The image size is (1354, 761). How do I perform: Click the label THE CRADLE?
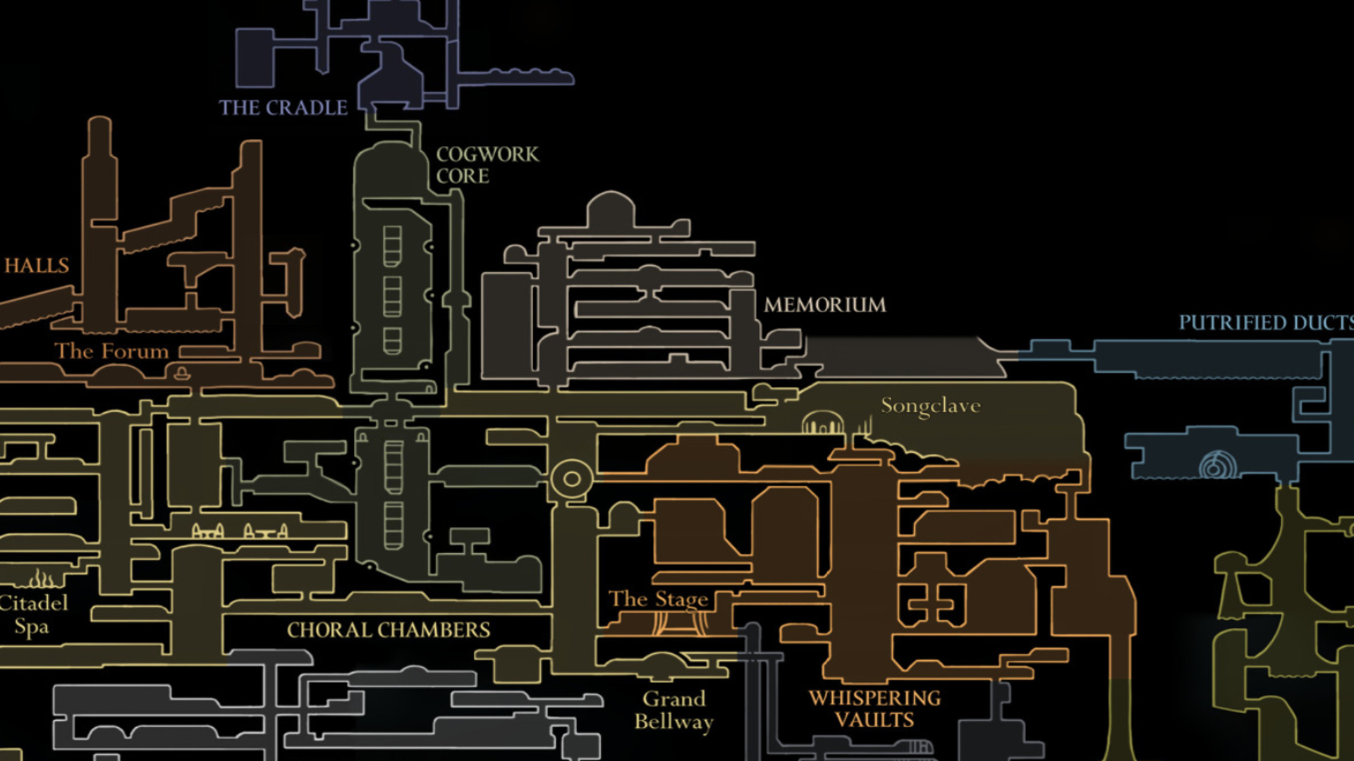pyautogui.click(x=283, y=108)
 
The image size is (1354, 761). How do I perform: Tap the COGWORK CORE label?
pyautogui.click(x=487, y=165)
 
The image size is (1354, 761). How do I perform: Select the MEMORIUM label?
pyautogui.click(x=824, y=305)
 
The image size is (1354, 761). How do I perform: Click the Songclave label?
pyautogui.click(x=930, y=406)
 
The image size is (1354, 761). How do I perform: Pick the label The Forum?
pyautogui.click(x=111, y=351)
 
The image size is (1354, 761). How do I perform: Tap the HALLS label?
pyautogui.click(x=37, y=266)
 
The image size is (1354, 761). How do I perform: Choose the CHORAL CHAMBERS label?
pyautogui.click(x=388, y=630)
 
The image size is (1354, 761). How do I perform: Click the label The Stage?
pyautogui.click(x=658, y=599)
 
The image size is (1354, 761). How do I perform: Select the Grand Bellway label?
pyautogui.click(x=673, y=710)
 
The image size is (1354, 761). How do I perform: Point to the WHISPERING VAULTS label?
pyautogui.click(x=874, y=709)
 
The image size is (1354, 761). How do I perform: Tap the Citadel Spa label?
pyautogui.click(x=33, y=614)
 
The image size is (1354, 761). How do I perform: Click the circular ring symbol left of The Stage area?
pyautogui.click(x=571, y=479)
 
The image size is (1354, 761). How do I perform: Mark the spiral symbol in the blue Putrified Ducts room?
pyautogui.click(x=1217, y=465)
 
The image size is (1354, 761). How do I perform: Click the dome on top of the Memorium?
pyautogui.click(x=611, y=209)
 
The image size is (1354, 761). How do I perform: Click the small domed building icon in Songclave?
pyautogui.click(x=822, y=423)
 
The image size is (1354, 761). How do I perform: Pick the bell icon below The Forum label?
pyautogui.click(x=182, y=372)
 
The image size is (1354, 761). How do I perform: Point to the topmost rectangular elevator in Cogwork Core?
pyautogui.click(x=392, y=245)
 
